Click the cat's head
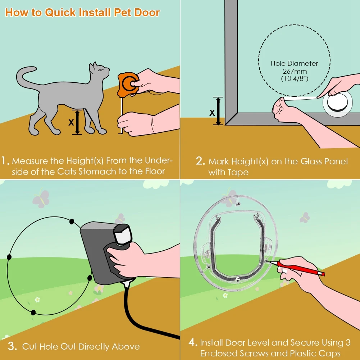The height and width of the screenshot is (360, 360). point(99,72)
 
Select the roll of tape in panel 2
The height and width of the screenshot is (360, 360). point(338,102)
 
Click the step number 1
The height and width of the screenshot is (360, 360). point(5,161)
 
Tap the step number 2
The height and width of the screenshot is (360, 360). point(200,161)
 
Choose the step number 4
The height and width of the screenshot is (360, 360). point(192,342)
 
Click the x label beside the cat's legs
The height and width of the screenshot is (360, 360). point(71,122)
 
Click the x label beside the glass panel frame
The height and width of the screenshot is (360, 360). point(212,112)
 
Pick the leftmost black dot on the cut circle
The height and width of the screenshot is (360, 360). point(9,257)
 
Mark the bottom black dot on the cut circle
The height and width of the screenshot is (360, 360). point(33,312)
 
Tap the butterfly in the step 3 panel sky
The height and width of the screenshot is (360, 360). point(40,199)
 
